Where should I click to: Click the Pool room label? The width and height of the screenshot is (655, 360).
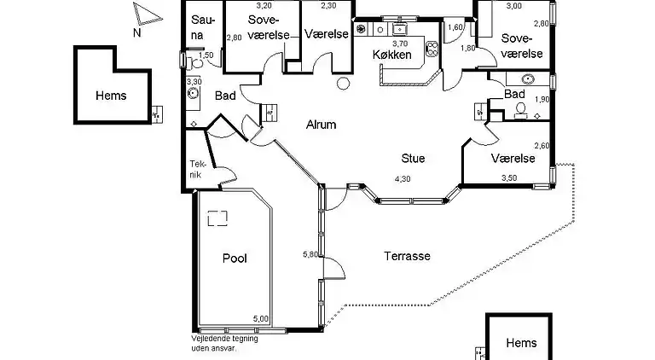coord(234,258)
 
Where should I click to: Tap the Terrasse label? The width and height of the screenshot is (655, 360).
coord(406,256)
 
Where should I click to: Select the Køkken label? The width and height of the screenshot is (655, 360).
coord(391,55)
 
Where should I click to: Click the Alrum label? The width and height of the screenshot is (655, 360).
coord(321,125)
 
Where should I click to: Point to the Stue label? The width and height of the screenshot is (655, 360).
coord(414,158)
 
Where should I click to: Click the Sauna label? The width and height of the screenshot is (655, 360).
coord(203,28)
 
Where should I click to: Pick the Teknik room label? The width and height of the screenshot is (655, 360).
coord(196,169)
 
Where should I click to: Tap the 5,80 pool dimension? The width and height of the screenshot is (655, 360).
coord(310,254)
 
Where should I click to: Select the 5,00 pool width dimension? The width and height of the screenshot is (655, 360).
coord(260,319)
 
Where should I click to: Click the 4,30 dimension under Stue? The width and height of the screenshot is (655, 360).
coord(402,178)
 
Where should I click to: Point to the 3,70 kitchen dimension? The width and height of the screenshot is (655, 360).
coord(399,44)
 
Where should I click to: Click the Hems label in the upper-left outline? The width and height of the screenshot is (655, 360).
coord(111,96)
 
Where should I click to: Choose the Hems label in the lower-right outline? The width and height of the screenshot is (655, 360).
coord(521,343)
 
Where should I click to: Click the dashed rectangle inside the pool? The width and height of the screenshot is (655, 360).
coord(218,218)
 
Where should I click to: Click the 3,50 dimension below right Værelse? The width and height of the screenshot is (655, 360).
coord(508,178)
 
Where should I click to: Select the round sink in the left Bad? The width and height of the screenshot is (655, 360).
coord(194,92)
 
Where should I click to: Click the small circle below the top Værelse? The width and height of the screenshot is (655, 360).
coord(343,84)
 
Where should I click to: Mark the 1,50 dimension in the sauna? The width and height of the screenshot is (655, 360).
coord(206,55)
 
